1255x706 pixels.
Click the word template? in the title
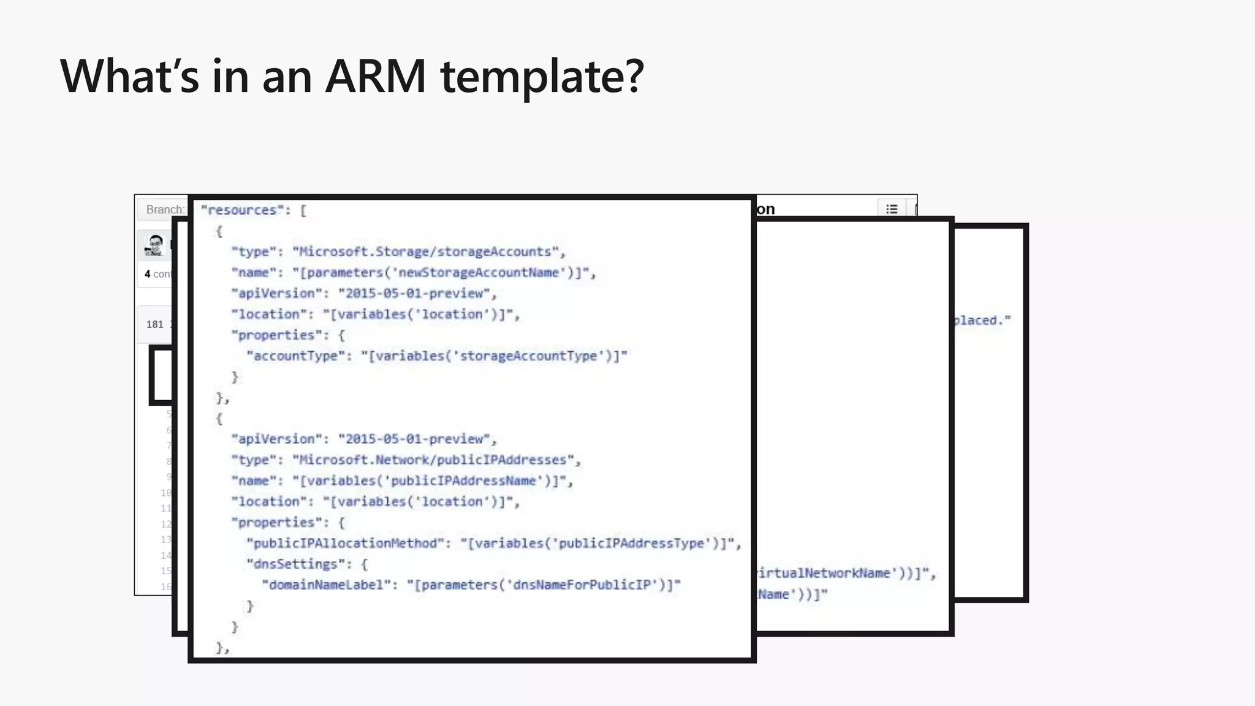(542, 77)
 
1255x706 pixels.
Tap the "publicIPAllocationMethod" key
(345, 544)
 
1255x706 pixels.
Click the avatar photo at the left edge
(156, 245)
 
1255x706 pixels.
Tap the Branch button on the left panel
(162, 210)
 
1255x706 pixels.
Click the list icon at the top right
(892, 209)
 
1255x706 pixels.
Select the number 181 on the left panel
(154, 324)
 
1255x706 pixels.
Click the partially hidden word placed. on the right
(982, 321)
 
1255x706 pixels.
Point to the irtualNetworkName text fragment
(824, 574)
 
